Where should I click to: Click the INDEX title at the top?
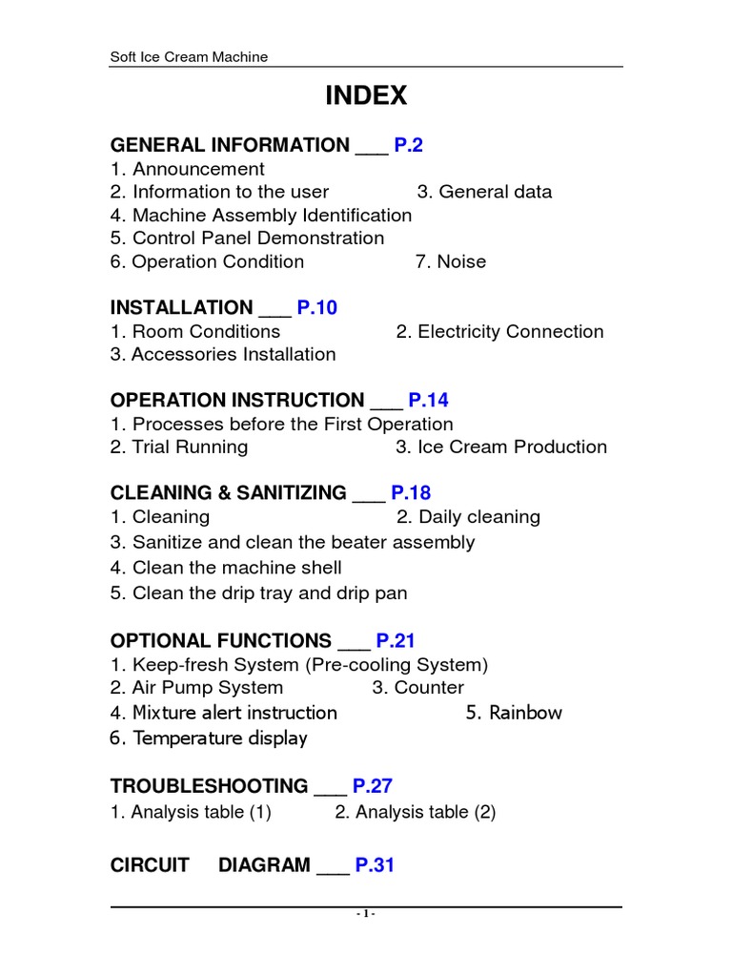tap(366, 95)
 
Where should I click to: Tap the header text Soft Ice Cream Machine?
tap(190, 57)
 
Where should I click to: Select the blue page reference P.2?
tap(408, 145)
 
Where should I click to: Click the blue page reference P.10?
tap(316, 307)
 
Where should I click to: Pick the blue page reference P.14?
tap(430, 400)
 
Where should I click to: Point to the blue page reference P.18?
tap(411, 492)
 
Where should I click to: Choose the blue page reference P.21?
tap(396, 640)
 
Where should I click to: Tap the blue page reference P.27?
tap(373, 786)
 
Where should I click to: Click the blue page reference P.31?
tap(375, 865)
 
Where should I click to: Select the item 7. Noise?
tap(450, 261)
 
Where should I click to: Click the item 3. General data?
tap(484, 192)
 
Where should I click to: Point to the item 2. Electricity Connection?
tap(499, 332)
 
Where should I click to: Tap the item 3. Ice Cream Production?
tap(501, 447)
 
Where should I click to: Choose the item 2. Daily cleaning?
tap(468, 517)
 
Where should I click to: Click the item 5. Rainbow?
tap(514, 713)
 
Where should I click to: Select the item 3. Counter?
tap(417, 688)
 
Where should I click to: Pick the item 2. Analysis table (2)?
tap(416, 812)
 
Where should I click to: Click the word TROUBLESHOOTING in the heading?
tap(210, 786)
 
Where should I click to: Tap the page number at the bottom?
tap(367, 914)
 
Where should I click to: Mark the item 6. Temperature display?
tap(209, 738)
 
